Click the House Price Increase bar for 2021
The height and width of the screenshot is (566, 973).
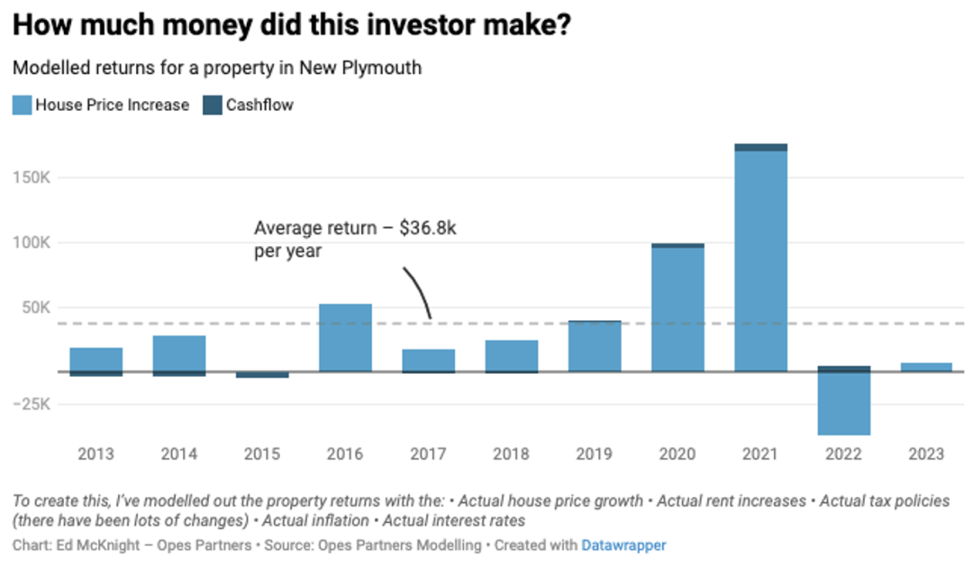pyautogui.click(x=760, y=261)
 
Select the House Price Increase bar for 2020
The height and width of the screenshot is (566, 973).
pyautogui.click(x=677, y=309)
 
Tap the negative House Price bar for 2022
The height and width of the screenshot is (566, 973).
pyautogui.click(x=843, y=404)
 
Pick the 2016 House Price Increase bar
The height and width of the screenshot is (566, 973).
pyautogui.click(x=345, y=338)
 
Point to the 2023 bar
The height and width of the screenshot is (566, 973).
pyautogui.click(x=926, y=367)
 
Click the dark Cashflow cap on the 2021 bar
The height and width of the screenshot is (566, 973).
pyautogui.click(x=760, y=147)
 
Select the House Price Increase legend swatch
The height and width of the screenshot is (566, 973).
pyautogui.click(x=22, y=105)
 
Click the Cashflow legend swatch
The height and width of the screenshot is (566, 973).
pyautogui.click(x=213, y=105)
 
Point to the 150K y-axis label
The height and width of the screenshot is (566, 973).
pyautogui.click(x=33, y=178)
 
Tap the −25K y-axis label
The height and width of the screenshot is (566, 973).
pyautogui.click(x=32, y=405)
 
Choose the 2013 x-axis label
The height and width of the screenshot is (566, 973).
pyautogui.click(x=95, y=454)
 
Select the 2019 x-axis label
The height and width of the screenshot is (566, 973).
pyautogui.click(x=595, y=454)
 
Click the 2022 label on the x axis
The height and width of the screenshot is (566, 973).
pyautogui.click(x=843, y=454)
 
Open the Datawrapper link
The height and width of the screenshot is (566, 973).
pyautogui.click(x=623, y=545)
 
